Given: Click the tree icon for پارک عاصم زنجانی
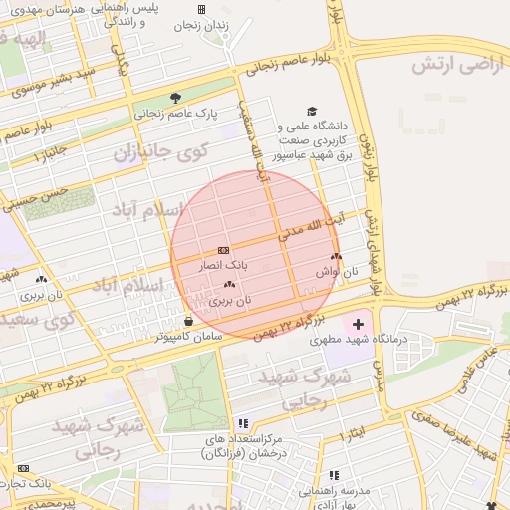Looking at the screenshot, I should coord(175,98).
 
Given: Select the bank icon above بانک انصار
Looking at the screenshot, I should coord(223,250).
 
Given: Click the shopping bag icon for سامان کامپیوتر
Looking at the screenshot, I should coord(189,321).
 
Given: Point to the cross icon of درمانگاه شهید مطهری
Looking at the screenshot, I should coord(358,324).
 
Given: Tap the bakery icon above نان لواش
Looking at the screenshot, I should coord(350,257).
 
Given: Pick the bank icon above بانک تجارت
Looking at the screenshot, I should coord(23,468).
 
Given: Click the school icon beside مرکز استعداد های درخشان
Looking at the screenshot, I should coord(244,423).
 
